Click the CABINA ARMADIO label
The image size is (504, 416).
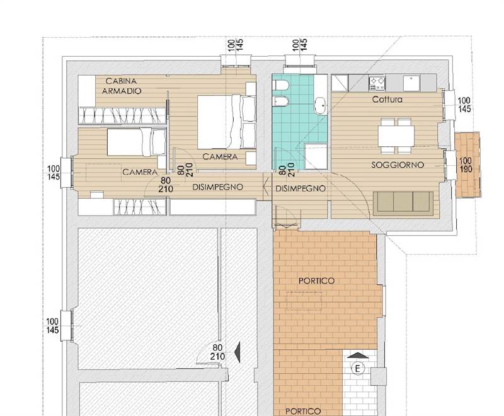(122, 86)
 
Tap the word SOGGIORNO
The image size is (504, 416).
(398, 165)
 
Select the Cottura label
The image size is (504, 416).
(387, 100)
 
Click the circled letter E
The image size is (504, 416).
(357, 369)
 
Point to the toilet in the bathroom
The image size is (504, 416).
(280, 85)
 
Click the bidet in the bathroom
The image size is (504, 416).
(280, 102)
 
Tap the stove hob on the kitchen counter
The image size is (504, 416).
(377, 83)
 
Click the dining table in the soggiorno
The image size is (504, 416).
(396, 136)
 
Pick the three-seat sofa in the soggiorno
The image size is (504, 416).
(403, 203)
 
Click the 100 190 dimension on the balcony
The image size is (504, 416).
(466, 165)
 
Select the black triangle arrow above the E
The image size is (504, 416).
(357, 355)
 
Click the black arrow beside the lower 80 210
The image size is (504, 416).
(238, 352)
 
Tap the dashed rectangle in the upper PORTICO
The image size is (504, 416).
(304, 301)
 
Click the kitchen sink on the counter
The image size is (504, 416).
(411, 83)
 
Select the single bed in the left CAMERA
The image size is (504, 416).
(136, 142)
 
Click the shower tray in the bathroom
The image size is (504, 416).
(316, 156)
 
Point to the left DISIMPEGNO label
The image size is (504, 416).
(217, 187)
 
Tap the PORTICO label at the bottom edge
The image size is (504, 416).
(303, 411)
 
